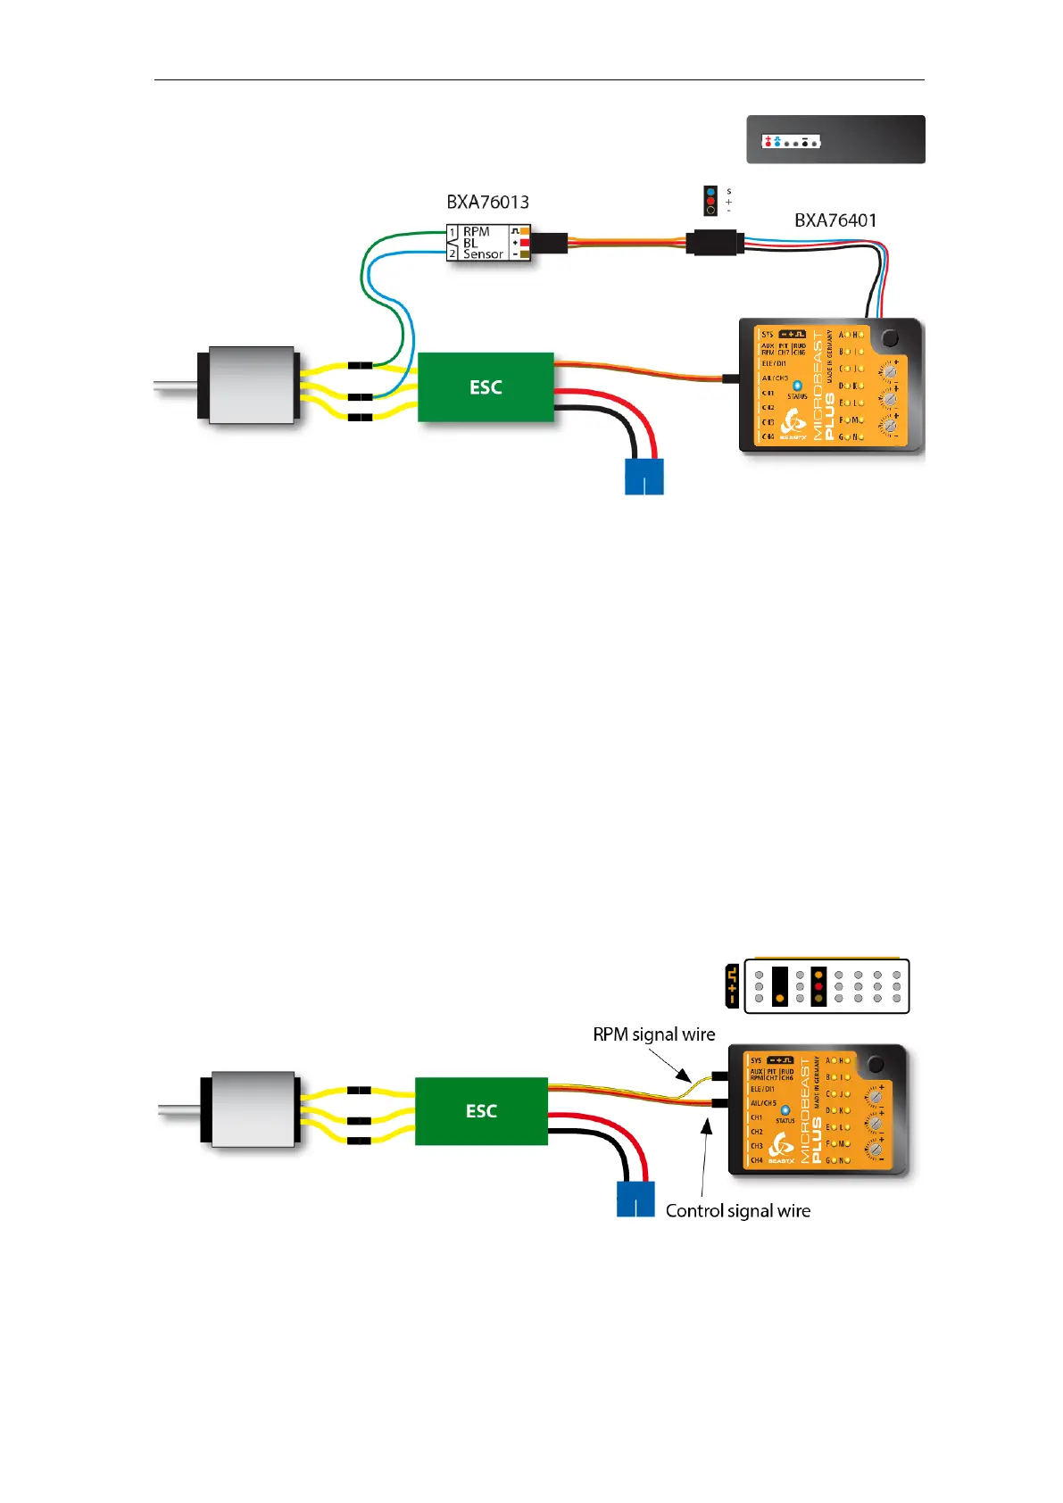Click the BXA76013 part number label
click(487, 203)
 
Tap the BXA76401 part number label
click(835, 220)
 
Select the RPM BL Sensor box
click(488, 243)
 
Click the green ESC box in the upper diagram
click(486, 387)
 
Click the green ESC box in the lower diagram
click(481, 1111)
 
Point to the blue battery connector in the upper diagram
click(644, 476)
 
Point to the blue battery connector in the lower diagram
click(635, 1199)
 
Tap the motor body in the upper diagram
click(251, 385)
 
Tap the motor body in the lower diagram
click(251, 1109)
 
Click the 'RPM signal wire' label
click(654, 1034)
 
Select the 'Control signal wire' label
click(738, 1211)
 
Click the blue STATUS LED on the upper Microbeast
click(797, 386)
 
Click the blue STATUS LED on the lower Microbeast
click(785, 1110)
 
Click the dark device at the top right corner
click(835, 139)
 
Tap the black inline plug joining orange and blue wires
click(715, 242)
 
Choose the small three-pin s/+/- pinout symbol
click(711, 201)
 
